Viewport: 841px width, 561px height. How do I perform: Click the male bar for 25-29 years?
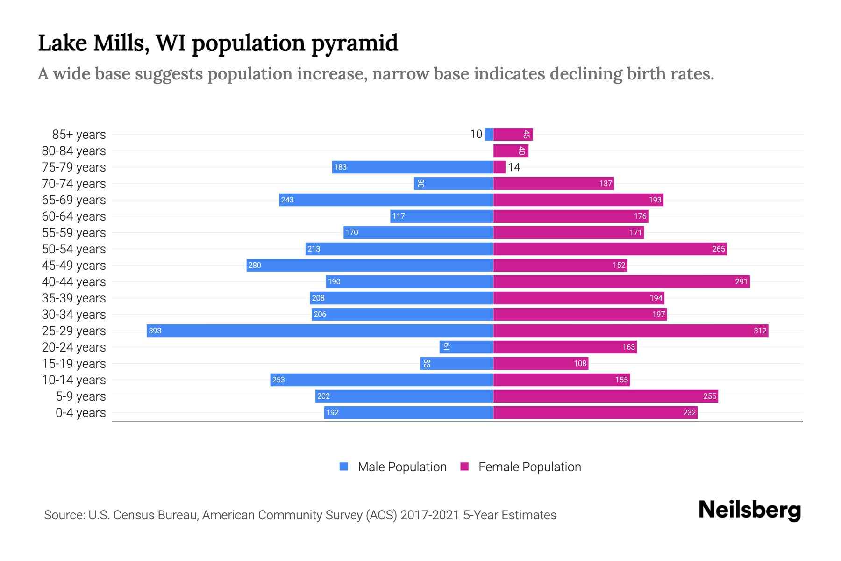[x=320, y=331]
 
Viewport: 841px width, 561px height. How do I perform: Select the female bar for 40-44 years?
[x=621, y=281]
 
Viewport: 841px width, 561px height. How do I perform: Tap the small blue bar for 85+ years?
[x=489, y=134]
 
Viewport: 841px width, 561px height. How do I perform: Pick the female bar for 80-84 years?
[x=510, y=151]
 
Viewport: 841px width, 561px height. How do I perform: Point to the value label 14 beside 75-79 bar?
[x=514, y=167]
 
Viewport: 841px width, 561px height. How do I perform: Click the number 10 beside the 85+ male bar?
[x=476, y=134]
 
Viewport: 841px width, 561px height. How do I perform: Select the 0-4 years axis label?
[x=80, y=413]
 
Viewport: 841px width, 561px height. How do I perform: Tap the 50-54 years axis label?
[x=74, y=249]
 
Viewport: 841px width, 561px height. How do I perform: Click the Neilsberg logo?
[x=749, y=510]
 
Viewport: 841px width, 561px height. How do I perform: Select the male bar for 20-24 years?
[x=466, y=347]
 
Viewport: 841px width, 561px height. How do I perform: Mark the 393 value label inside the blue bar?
[x=155, y=331]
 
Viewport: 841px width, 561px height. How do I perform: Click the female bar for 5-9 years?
[x=606, y=396]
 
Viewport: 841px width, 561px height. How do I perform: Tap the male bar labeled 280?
[x=370, y=265]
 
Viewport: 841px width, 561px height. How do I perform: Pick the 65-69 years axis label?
[x=74, y=200]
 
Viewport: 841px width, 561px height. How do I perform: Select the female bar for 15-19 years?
[x=541, y=363]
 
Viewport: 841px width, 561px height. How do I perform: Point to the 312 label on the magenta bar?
[x=760, y=331]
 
